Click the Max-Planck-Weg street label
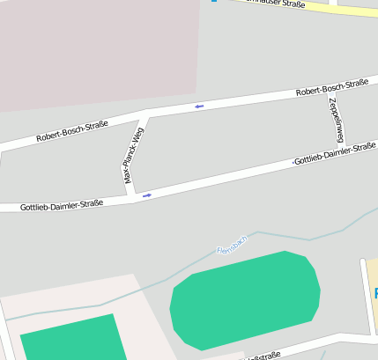tap(134, 155)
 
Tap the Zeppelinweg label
tap(335, 120)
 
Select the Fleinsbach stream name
tap(233, 244)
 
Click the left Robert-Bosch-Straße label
tap(72, 131)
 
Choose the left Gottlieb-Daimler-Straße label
tap(51, 204)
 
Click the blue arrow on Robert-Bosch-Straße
tap(199, 107)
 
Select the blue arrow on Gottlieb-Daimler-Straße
tap(147, 195)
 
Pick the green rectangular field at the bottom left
tap(70, 339)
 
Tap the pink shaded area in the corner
tap(88, 48)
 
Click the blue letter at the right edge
tap(375, 293)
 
